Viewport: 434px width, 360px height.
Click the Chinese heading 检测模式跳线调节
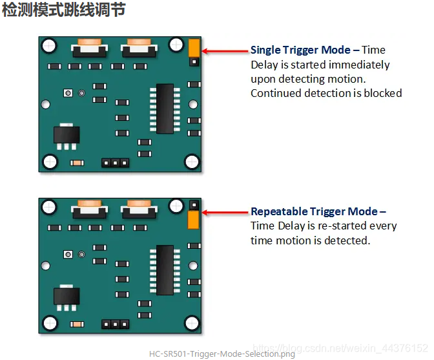63,11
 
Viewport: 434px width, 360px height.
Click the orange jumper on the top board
193,47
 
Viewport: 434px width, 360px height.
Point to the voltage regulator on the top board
66,134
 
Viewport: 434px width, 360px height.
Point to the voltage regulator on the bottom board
66,296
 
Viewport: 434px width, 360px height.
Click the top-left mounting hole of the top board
48,45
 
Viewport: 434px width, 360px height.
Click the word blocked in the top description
384,93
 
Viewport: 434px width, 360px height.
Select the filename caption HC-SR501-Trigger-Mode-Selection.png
222,354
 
